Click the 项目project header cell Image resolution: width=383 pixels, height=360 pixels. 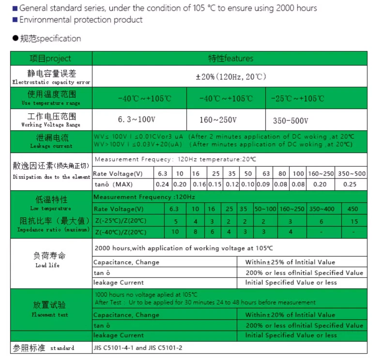[x=51, y=59]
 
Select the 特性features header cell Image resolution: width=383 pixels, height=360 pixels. [x=230, y=59]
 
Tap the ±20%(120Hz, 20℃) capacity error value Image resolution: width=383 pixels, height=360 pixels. [x=230, y=77]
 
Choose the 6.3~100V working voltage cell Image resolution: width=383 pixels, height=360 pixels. [x=136, y=120]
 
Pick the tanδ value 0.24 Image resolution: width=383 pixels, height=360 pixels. [x=162, y=184]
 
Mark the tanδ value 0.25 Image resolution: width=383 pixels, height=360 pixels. [x=350, y=184]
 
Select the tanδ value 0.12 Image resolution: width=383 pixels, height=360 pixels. [x=232, y=184]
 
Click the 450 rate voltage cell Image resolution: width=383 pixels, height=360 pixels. [x=353, y=209]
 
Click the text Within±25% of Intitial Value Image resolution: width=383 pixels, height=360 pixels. [x=290, y=262]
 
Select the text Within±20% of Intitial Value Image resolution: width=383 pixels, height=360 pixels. [x=290, y=315]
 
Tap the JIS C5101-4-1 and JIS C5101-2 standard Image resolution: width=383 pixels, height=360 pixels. [x=138, y=348]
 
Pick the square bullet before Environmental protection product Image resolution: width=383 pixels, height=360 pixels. [x=15, y=20]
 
